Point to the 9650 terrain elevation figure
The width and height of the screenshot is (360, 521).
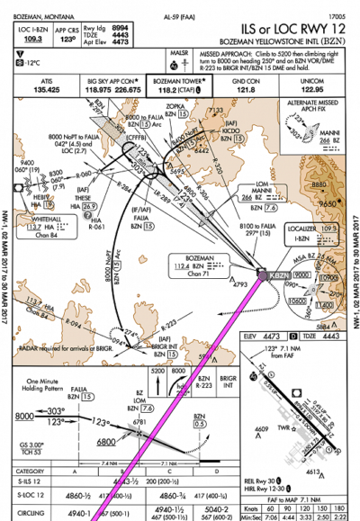[319, 205]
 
